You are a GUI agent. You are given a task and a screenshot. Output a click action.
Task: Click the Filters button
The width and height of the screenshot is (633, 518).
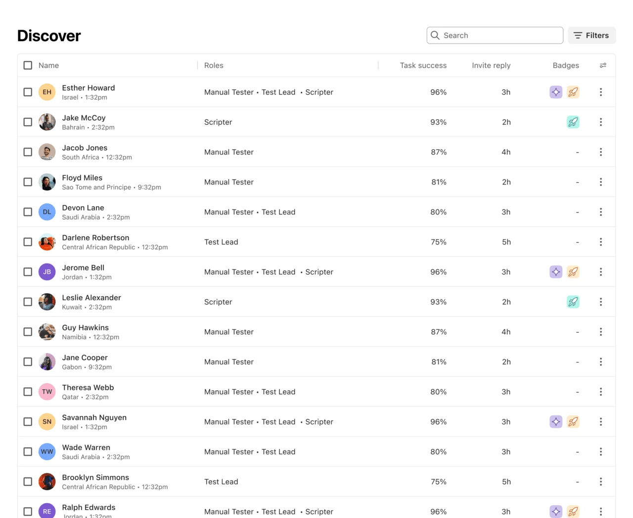591,36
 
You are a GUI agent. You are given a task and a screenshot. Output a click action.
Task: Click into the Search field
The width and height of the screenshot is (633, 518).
495,36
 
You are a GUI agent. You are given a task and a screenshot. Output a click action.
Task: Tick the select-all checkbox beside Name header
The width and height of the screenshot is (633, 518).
28,65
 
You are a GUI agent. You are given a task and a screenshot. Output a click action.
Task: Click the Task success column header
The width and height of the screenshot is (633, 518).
423,65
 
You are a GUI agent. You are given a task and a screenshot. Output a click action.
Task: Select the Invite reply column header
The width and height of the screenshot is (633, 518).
491,65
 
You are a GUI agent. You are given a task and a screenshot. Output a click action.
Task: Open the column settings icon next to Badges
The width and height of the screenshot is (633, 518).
603,65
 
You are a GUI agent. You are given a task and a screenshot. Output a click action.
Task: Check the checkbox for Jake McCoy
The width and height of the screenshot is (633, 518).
28,122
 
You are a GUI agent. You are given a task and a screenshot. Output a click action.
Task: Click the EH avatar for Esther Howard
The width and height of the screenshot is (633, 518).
47,92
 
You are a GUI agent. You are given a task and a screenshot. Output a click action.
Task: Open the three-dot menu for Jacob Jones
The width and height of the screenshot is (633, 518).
601,152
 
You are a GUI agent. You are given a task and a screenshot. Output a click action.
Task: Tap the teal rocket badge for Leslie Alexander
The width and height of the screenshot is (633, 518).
573,302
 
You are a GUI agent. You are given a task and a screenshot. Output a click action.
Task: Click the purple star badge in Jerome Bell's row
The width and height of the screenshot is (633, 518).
556,272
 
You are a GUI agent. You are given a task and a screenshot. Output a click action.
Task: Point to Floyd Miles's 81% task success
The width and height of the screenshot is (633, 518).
438,182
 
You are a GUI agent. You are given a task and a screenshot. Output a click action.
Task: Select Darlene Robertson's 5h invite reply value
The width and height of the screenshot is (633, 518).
506,242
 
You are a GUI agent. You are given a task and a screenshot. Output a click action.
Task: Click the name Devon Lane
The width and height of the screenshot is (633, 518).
83,208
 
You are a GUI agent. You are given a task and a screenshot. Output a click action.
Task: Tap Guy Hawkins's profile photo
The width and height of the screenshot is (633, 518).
47,332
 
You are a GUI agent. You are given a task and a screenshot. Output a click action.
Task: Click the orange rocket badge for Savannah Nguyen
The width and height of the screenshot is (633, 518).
573,422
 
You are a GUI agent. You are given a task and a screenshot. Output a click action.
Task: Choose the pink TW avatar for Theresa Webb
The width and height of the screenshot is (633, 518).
47,392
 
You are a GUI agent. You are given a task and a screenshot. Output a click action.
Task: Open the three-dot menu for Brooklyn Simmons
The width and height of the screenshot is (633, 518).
601,482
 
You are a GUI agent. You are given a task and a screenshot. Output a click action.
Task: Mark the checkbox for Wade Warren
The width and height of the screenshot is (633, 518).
28,452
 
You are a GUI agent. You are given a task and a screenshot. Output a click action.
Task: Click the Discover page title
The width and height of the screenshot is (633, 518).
49,36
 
